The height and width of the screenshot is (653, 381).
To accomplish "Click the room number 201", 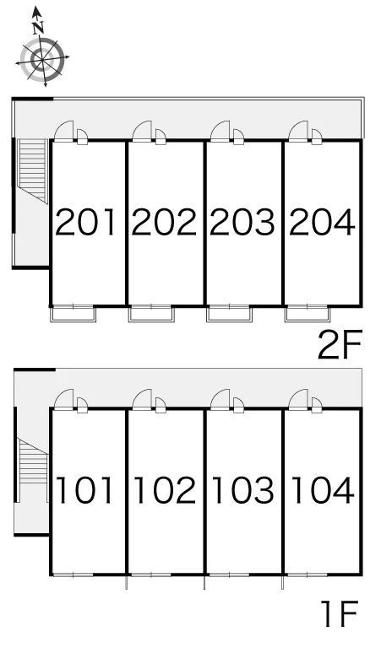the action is pyautogui.click(x=86, y=222).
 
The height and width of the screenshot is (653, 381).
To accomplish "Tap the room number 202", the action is pyautogui.click(x=164, y=222).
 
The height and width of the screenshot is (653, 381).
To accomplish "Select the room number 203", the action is pyautogui.click(x=242, y=222).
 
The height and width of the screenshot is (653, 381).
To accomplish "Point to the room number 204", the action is pyautogui.click(x=322, y=222).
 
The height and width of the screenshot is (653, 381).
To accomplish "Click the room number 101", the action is pyautogui.click(x=84, y=490).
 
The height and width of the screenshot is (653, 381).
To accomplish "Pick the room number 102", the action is pyautogui.click(x=165, y=490).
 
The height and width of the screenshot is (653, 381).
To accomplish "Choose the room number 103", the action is pyautogui.click(x=243, y=490).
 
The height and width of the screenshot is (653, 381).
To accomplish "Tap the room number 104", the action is pyautogui.click(x=323, y=490).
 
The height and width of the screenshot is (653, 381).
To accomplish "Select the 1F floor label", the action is pyautogui.click(x=340, y=613).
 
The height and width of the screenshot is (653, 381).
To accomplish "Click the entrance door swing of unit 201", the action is pyautogui.click(x=64, y=131).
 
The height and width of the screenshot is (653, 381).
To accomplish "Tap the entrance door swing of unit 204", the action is pyautogui.click(x=298, y=131).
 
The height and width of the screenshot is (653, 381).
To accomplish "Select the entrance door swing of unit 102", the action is pyautogui.click(x=142, y=399).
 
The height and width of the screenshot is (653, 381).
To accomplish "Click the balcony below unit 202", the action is pyautogui.click(x=150, y=314).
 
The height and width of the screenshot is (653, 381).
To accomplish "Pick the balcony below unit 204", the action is pyautogui.click(x=308, y=314).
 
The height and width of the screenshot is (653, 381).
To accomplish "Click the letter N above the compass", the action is pyautogui.click(x=39, y=28).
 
